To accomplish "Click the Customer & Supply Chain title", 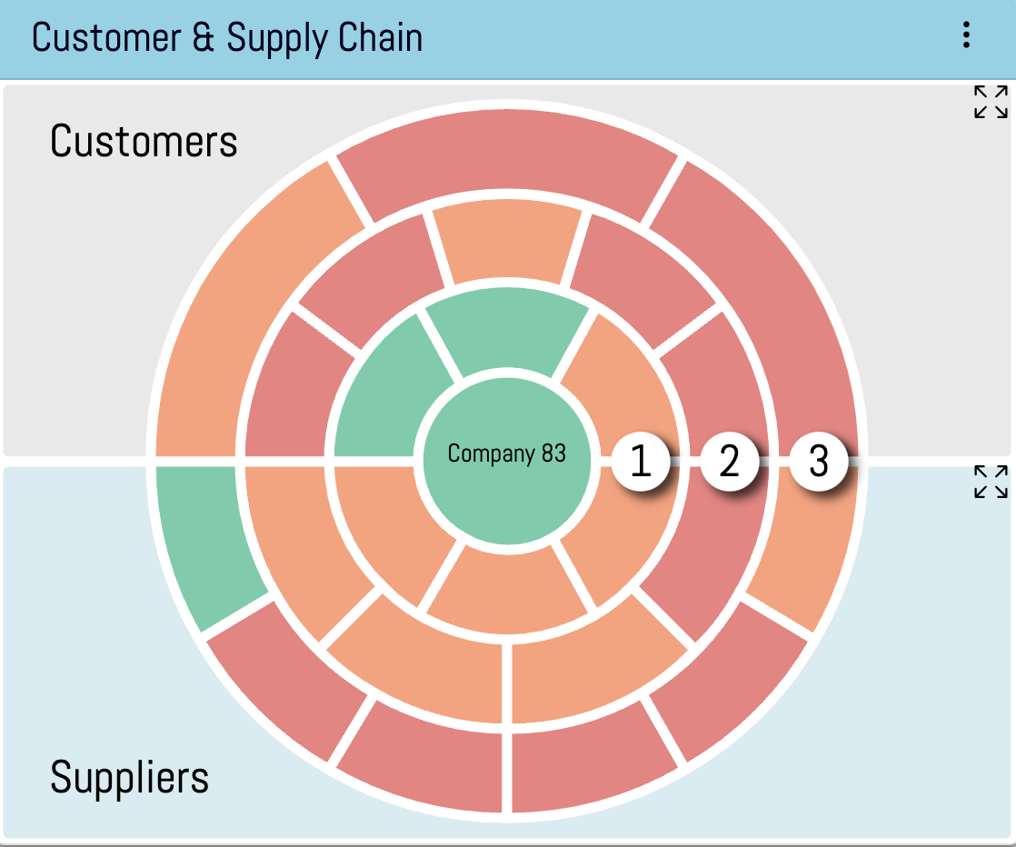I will tap(227, 38).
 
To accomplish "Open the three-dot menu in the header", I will tap(966, 35).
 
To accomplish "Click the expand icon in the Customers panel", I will tap(991, 102).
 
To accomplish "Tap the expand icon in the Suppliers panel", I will tap(991, 482).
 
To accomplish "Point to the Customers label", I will tap(144, 142).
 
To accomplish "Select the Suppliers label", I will tap(129, 778).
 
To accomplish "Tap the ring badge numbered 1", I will tap(641, 461).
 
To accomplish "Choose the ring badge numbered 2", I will tap(730, 461).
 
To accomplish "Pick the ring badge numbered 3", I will tap(819, 461).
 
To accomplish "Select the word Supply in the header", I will tap(273, 38).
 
